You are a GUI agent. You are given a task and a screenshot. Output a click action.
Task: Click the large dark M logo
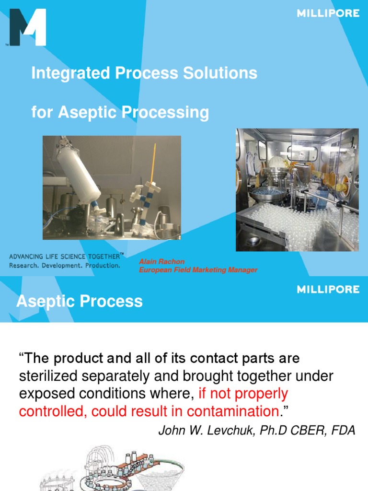click(27, 28)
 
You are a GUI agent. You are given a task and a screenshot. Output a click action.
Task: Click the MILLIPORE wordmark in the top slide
click(328, 13)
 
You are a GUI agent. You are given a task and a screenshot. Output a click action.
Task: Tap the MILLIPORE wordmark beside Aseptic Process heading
click(328, 289)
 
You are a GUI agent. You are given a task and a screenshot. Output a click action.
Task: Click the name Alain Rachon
click(161, 262)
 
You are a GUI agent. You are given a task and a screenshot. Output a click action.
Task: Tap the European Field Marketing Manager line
click(198, 270)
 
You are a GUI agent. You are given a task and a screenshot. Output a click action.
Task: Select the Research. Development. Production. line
click(65, 265)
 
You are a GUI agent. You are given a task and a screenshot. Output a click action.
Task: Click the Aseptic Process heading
click(80, 302)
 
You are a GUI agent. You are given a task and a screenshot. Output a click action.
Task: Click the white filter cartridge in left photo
click(78, 172)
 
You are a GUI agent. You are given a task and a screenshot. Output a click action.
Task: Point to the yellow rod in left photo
click(152, 163)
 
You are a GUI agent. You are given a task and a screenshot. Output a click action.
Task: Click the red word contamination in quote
click(232, 411)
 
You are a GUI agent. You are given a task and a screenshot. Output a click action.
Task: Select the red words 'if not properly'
click(243, 394)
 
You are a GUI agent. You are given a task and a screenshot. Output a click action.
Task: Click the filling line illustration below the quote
click(115, 468)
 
